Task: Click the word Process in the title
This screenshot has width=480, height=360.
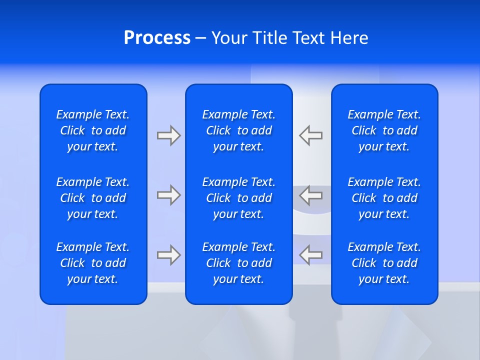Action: tap(157, 38)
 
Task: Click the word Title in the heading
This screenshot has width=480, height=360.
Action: tap(268, 38)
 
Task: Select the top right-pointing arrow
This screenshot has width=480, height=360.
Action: tap(168, 135)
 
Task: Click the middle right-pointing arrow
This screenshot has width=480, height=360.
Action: tap(168, 195)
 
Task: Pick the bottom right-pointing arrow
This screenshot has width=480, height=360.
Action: tap(168, 254)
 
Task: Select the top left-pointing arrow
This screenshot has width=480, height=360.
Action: tap(311, 135)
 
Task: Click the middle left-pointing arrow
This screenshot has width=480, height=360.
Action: tap(311, 195)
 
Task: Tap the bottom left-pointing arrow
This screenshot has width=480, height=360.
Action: tap(311, 254)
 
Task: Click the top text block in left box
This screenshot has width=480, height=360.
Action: tap(93, 130)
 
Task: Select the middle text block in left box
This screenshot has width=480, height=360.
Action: tap(93, 198)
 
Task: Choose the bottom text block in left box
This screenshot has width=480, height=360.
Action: tap(93, 263)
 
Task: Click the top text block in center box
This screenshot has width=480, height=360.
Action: tap(239, 130)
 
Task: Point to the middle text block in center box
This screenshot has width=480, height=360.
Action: tap(239, 198)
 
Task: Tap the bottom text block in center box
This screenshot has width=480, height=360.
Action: tap(239, 263)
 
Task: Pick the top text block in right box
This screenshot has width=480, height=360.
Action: tap(384, 130)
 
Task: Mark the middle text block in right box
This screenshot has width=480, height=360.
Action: tap(384, 198)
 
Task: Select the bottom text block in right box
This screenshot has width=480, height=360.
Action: tap(384, 263)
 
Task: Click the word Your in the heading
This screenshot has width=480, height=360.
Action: tap(229, 38)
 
